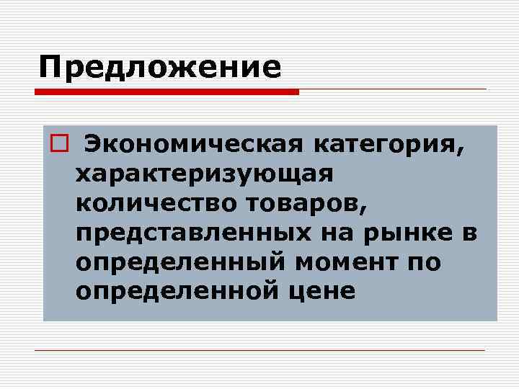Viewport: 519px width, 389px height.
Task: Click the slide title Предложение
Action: tap(160, 67)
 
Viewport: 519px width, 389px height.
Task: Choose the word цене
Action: tap(334, 291)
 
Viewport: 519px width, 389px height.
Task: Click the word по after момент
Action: tap(425, 262)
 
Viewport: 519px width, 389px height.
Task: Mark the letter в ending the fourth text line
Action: tap(472, 233)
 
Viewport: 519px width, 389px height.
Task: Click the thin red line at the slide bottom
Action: tap(259, 350)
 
